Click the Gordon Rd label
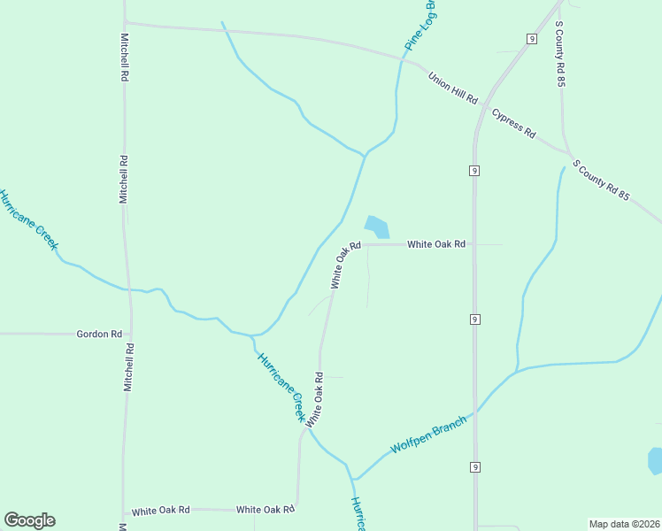pyautogui.click(x=99, y=335)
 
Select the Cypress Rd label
pyautogui.click(x=514, y=125)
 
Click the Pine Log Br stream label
pyautogui.click(x=421, y=26)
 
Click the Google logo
pyautogui.click(x=29, y=520)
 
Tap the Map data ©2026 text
pyautogui.click(x=624, y=524)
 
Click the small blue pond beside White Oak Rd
pyautogui.click(x=377, y=227)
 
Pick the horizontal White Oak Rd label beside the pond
pyautogui.click(x=436, y=244)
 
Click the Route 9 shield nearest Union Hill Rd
pyautogui.click(x=531, y=39)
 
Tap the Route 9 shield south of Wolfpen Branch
pyautogui.click(x=475, y=466)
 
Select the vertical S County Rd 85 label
pyautogui.click(x=560, y=53)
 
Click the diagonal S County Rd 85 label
pyautogui.click(x=601, y=181)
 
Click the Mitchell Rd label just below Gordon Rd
pyautogui.click(x=129, y=367)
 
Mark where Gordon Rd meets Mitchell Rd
pyautogui.click(x=130, y=335)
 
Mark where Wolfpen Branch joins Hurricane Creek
pyautogui.click(x=353, y=479)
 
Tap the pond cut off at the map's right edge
pyautogui.click(x=656, y=461)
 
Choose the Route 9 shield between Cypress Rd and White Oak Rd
pyautogui.click(x=475, y=169)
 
